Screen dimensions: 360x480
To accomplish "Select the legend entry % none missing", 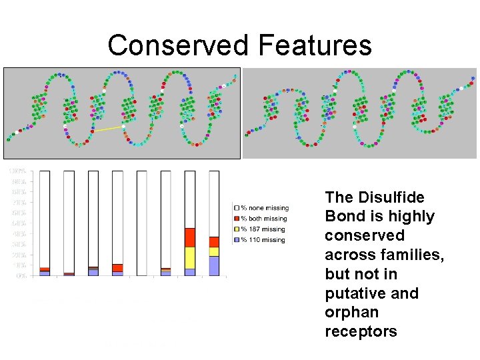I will pos(265,208).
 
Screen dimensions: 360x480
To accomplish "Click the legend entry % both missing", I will pos(264,218).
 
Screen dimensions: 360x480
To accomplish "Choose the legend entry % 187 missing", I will pos(263,229).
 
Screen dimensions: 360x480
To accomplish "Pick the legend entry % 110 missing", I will pos(263,239).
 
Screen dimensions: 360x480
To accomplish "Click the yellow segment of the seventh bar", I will pos(190,257).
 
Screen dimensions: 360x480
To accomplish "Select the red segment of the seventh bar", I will pos(190,237).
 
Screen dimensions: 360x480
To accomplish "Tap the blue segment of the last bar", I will pos(214,266).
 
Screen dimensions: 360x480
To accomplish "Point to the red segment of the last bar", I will pos(214,242).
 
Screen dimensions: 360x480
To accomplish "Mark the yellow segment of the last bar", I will pos(214,252).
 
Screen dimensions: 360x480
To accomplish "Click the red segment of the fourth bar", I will pos(117,268).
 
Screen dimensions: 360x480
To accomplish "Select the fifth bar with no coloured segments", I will pos(141,223).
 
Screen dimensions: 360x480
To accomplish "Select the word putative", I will pos(353,293).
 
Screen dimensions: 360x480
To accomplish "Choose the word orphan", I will pos(351,313).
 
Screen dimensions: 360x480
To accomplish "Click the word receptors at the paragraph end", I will pos(361,331).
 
